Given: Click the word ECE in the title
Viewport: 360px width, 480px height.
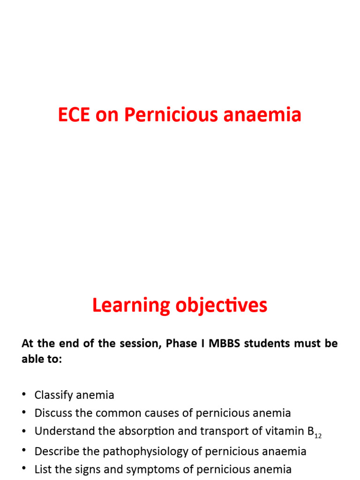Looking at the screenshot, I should [x=74, y=115].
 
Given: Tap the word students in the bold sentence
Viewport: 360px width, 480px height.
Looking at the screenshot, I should [x=266, y=343].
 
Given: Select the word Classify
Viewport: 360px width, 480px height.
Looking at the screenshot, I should [x=53, y=395].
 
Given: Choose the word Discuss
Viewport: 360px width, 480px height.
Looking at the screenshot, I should [x=52, y=413].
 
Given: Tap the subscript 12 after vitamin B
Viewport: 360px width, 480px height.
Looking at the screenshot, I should [x=318, y=436].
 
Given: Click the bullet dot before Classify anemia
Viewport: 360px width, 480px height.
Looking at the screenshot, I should [x=24, y=395].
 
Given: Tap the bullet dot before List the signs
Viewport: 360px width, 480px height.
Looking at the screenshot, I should [x=24, y=469].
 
